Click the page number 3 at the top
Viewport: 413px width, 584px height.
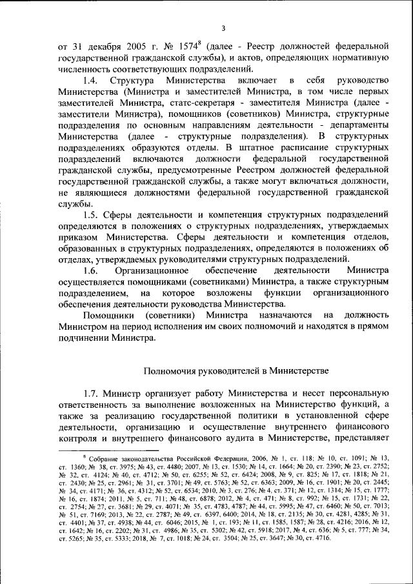223,28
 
